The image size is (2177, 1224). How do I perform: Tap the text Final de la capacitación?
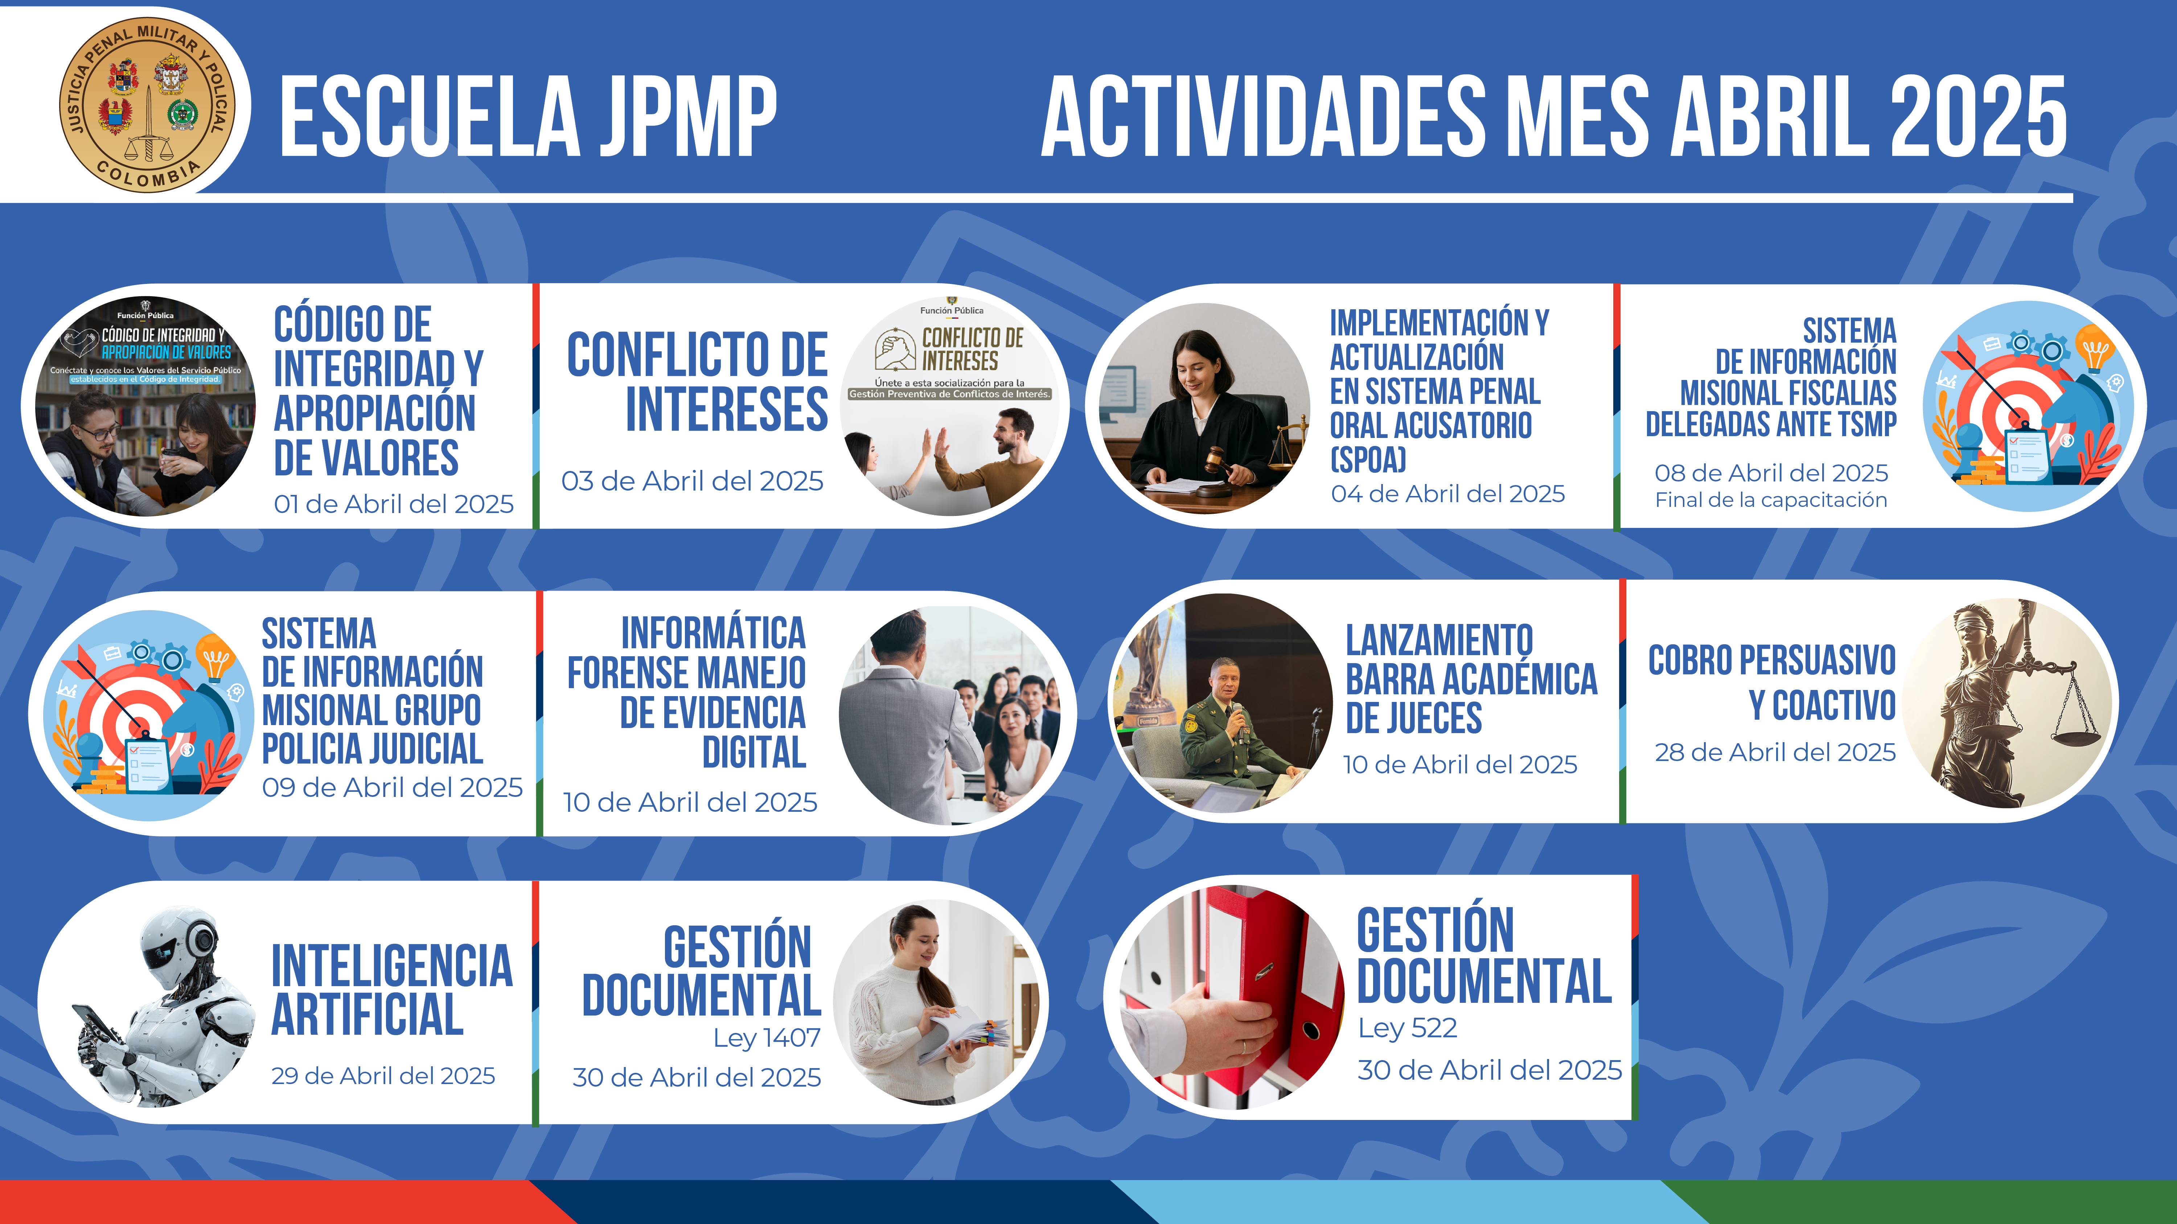coord(1770,500)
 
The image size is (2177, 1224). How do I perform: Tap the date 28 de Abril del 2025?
coord(1775,752)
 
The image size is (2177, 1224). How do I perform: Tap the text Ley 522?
coord(1407,1028)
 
